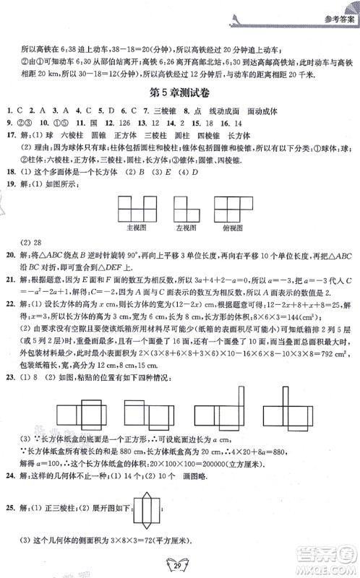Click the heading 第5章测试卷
click(x=180, y=93)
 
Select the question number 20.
click(x=9, y=255)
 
